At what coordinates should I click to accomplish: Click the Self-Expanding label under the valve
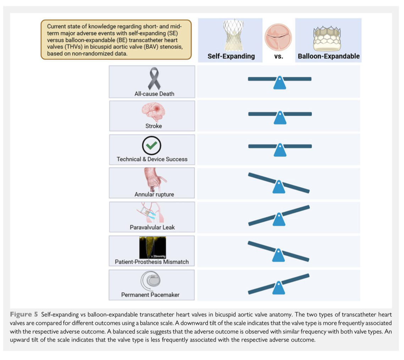[231, 56]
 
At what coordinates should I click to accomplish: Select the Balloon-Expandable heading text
[328, 56]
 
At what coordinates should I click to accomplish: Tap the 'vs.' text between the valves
[279, 56]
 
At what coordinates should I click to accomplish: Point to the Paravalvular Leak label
[152, 227]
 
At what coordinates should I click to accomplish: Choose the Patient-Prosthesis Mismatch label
[152, 262]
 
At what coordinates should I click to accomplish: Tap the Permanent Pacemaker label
[150, 295]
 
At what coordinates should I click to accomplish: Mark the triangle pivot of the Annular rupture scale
[279, 187]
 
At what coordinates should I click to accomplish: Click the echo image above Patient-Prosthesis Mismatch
[153, 247]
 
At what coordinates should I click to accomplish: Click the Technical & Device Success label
[152, 159]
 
